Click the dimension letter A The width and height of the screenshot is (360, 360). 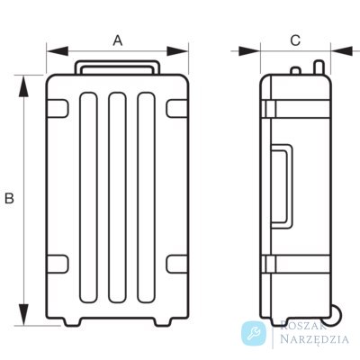click(118, 40)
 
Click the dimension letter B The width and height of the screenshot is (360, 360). click(9, 199)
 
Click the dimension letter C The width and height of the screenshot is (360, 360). click(295, 40)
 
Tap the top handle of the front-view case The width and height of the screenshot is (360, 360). click(117, 62)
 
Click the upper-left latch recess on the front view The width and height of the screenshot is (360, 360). click(57, 109)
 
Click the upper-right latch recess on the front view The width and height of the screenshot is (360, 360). click(177, 109)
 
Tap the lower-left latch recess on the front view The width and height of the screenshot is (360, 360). click(57, 264)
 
